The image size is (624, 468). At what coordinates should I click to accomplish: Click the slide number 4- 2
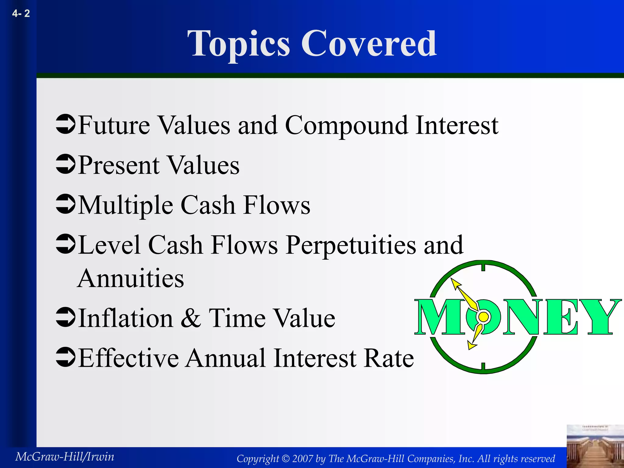point(21,13)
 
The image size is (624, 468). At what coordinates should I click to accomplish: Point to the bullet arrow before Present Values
point(66,164)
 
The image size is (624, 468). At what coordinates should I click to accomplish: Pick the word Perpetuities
point(351,245)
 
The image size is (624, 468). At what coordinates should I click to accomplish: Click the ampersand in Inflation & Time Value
point(191,318)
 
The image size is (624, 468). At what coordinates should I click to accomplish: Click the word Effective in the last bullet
point(128,358)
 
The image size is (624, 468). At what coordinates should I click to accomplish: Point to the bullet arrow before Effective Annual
point(66,357)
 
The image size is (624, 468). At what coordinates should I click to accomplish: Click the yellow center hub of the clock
point(483,317)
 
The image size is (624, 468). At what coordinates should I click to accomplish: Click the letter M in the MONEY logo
point(436,317)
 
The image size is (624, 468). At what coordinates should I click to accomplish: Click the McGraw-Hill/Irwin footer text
point(65,457)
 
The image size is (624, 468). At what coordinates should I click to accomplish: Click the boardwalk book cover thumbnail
point(595,446)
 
